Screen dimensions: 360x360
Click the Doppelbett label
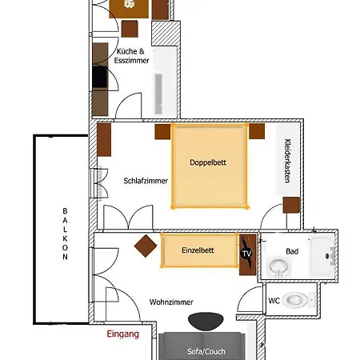(x=208, y=162)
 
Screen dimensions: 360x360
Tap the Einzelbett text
(x=198, y=250)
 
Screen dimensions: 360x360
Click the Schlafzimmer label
(x=146, y=181)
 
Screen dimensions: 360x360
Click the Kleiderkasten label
(x=287, y=160)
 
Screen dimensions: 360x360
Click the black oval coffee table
(x=206, y=320)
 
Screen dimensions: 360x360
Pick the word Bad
(x=292, y=250)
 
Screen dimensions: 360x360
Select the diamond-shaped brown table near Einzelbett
(x=146, y=246)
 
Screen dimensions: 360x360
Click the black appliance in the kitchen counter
(x=100, y=78)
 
